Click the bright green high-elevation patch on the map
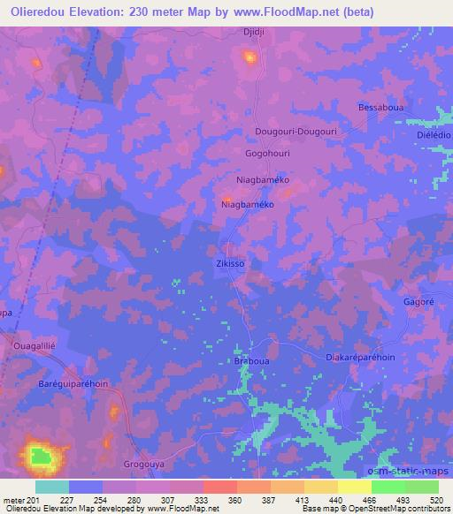coord(40,457)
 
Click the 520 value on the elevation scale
coord(437,500)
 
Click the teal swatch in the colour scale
coord(51,487)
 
